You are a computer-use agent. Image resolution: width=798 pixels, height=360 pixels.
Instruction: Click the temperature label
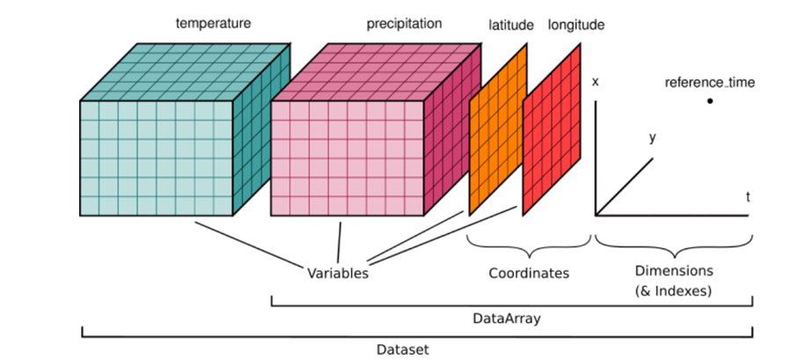(213, 24)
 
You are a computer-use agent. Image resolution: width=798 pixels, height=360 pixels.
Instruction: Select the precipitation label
(404, 24)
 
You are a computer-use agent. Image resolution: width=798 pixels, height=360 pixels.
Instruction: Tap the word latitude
(511, 26)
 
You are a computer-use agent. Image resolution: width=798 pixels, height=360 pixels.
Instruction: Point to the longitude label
(576, 26)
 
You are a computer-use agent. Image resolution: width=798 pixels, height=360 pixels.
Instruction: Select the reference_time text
(710, 84)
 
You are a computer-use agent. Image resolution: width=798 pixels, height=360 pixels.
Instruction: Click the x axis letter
(596, 82)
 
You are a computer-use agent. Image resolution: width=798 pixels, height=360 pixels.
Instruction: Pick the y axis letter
(652, 137)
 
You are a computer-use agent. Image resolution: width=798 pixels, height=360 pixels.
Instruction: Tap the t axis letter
(748, 197)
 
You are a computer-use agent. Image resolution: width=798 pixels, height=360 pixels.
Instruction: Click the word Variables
(337, 272)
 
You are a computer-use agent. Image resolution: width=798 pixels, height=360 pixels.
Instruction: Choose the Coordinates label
(529, 273)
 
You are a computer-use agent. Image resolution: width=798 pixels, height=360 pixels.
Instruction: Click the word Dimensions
(674, 269)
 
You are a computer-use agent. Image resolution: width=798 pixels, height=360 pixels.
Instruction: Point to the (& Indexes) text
(674, 289)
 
